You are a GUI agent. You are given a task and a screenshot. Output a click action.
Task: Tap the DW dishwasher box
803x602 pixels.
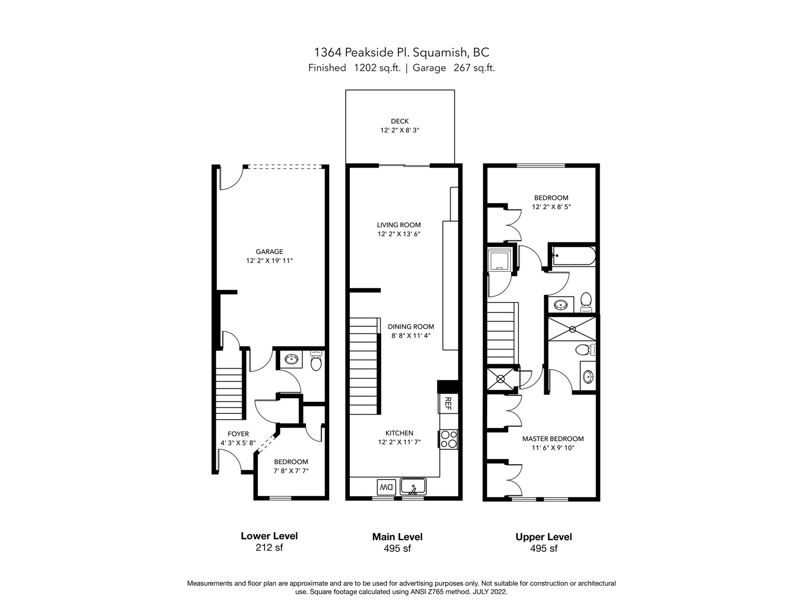click(386, 487)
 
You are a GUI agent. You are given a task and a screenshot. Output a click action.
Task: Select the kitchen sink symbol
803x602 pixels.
click(413, 487)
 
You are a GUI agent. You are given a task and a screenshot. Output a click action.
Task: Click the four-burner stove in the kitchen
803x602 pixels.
click(449, 439)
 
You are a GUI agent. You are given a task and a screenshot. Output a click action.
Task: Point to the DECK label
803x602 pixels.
click(399, 121)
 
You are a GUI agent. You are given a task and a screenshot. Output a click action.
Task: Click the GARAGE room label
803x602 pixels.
click(269, 252)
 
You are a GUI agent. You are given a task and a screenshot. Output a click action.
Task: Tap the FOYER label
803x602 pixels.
click(238, 434)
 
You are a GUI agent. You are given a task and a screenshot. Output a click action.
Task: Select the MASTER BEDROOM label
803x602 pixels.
click(553, 438)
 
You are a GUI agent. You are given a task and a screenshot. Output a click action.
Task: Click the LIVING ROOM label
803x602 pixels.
click(399, 225)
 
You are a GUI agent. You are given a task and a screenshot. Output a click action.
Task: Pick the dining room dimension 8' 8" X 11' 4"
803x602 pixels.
click(411, 336)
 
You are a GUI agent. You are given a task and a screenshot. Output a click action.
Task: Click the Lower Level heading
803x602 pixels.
click(269, 536)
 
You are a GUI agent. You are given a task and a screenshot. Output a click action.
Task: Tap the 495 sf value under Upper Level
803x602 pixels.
click(544, 548)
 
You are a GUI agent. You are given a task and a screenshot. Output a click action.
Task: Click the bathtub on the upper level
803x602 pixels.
click(574, 256)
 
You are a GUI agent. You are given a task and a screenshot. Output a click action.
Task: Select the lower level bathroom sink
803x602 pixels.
click(292, 359)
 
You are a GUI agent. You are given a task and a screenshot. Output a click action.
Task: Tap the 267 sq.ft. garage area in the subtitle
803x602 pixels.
click(474, 68)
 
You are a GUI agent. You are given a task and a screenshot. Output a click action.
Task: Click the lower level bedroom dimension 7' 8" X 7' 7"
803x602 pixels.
click(291, 471)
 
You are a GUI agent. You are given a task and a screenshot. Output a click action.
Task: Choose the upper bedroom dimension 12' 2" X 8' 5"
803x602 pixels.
click(551, 207)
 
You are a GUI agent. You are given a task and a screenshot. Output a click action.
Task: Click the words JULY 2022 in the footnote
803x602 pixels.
click(490, 592)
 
